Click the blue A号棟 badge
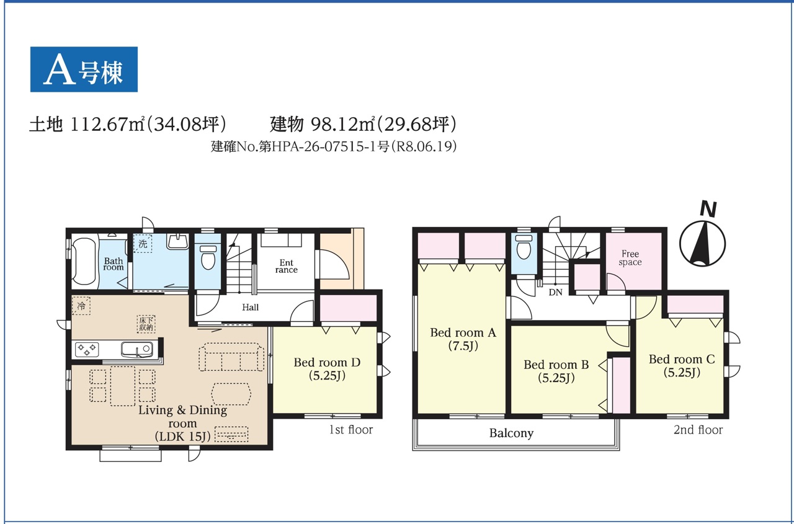tap(84, 69)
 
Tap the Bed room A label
tap(463, 339)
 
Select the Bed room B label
tap(556, 371)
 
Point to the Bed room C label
tap(682, 366)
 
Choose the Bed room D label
tap(327, 369)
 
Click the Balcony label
tap(511, 433)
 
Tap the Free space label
tap(630, 258)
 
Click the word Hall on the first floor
tap(250, 307)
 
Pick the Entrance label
tap(287, 266)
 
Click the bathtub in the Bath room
tap(84, 262)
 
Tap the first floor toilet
tap(208, 257)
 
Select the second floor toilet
tap(524, 247)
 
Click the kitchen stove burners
tap(87, 350)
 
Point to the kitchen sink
tap(137, 349)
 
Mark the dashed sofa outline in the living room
tap(231, 357)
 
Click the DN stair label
tap(555, 292)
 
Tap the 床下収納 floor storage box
tap(146, 324)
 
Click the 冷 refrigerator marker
tap(81, 306)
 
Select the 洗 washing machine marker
tap(143, 244)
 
